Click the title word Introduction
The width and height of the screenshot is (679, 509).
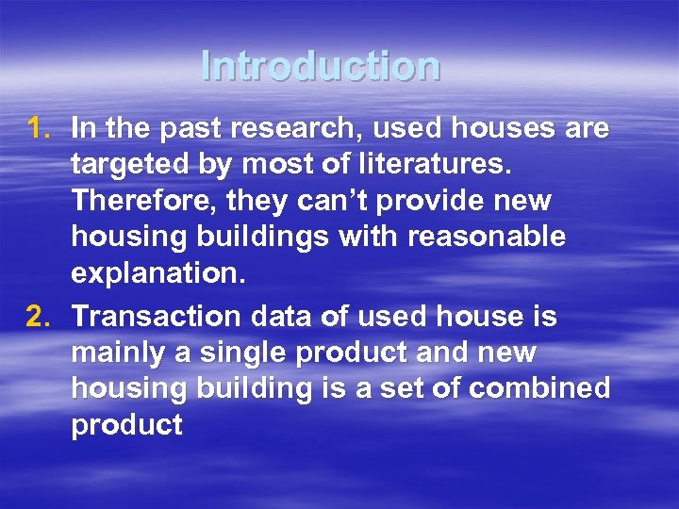pos(321,66)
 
